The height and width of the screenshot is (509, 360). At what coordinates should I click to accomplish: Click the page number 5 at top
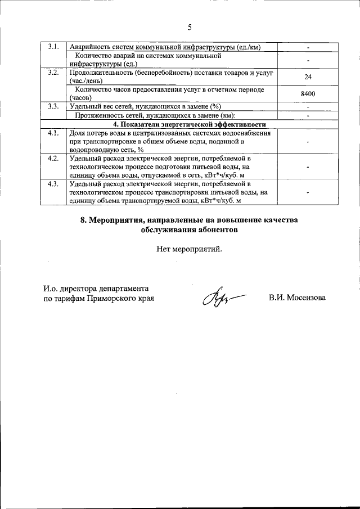189,26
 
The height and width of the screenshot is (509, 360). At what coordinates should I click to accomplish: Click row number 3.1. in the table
54,47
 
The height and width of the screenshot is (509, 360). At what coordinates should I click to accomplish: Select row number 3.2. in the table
54,73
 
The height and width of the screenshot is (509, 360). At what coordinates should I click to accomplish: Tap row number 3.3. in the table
54,106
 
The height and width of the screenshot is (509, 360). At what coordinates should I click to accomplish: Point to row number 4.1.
54,133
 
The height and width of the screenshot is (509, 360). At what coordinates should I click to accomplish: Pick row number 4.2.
54,158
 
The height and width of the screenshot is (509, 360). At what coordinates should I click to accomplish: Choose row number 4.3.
54,184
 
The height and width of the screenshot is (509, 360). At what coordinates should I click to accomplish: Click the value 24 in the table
308,77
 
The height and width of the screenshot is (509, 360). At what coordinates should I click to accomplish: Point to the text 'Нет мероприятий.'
189,249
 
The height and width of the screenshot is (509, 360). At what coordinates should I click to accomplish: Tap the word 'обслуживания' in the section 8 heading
166,229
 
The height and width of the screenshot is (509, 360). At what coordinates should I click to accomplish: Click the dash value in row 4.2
308,167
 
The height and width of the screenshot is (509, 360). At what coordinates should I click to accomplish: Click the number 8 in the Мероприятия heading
83,220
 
